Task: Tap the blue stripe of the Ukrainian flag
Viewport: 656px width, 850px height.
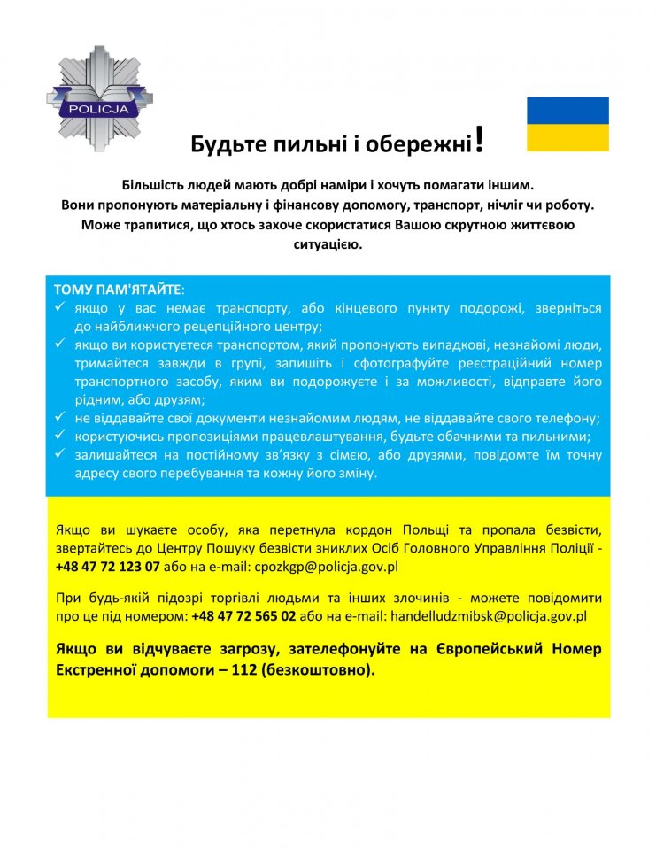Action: click(x=567, y=110)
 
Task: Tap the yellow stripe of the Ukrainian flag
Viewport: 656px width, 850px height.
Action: click(x=567, y=137)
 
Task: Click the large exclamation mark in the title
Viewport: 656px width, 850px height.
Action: click(x=479, y=138)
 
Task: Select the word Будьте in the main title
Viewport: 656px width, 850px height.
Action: click(x=223, y=144)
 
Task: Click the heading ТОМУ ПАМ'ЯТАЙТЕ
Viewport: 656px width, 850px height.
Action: click(x=119, y=290)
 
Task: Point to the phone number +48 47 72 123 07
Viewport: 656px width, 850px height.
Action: click(x=107, y=567)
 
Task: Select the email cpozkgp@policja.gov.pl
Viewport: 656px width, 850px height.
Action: click(x=327, y=567)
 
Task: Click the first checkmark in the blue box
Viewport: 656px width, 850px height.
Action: click(x=59, y=307)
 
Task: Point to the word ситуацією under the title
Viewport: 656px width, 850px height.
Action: click(x=328, y=243)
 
